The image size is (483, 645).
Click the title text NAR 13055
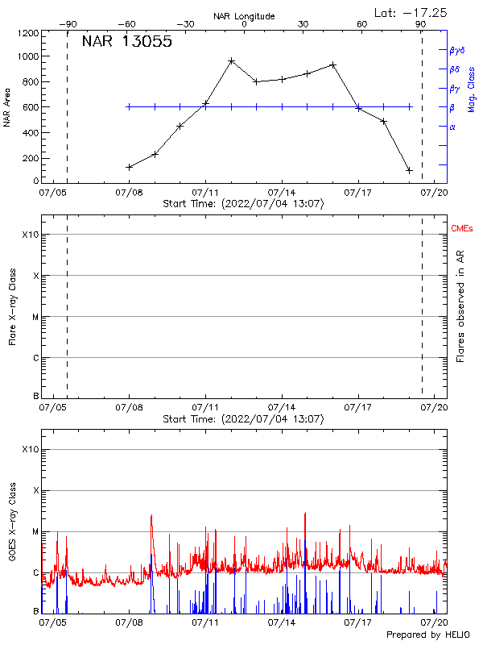(126, 43)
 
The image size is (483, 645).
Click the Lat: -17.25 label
(411, 12)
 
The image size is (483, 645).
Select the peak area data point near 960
(231, 60)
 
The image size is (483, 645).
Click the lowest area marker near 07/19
(409, 170)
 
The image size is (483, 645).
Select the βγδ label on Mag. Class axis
(456, 50)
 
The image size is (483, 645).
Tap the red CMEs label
(462, 230)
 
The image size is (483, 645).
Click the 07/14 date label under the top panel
(282, 193)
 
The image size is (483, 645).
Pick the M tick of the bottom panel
(34, 532)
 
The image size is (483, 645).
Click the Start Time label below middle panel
(243, 419)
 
